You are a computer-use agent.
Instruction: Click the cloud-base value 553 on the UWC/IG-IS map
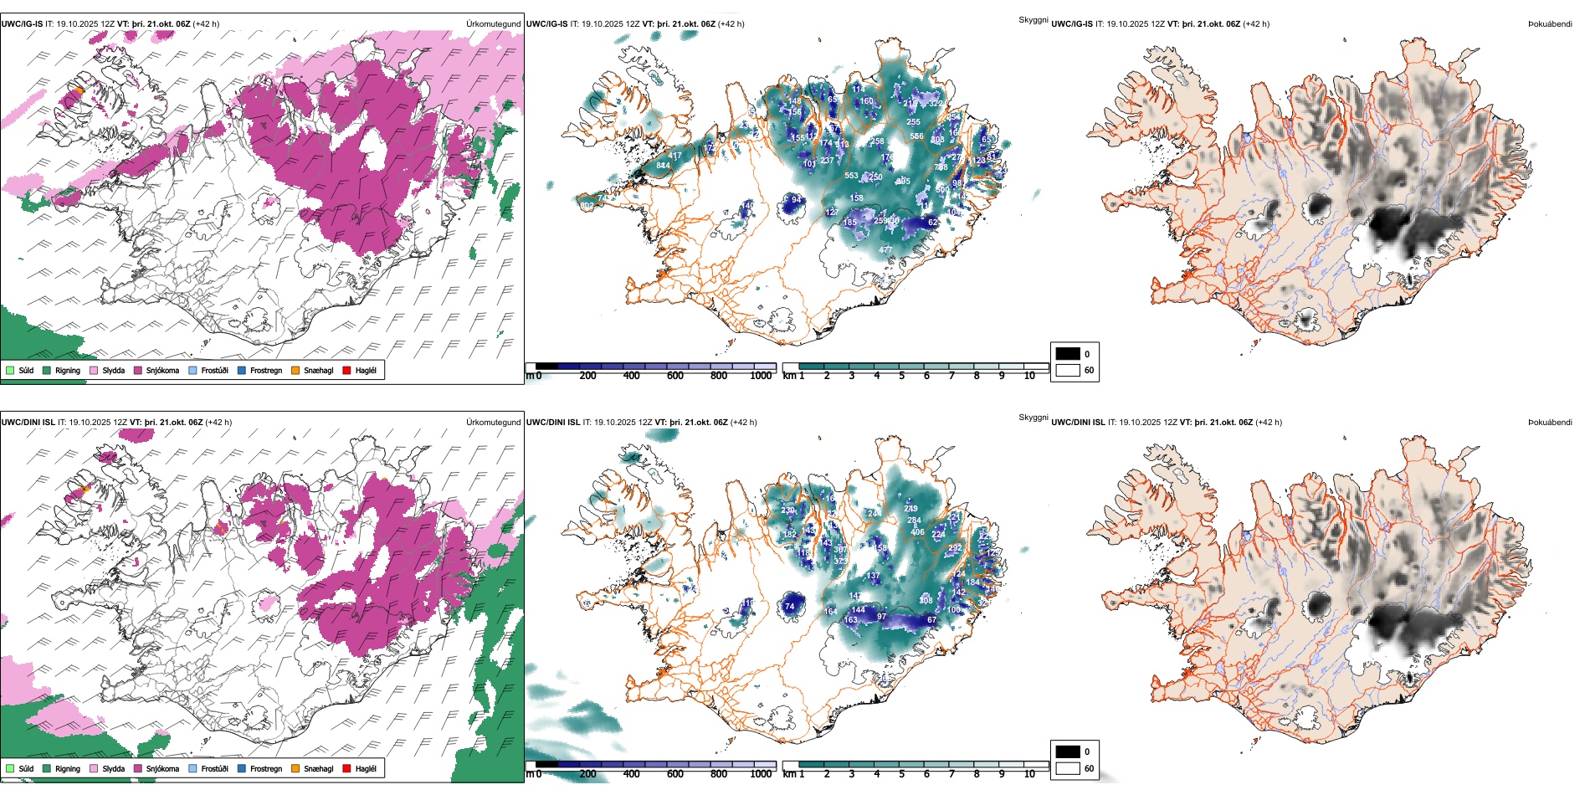[x=851, y=176]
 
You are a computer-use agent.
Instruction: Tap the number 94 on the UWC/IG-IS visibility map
[x=797, y=200]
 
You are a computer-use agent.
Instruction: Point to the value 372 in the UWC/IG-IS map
[x=936, y=104]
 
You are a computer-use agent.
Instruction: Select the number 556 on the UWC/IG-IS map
[x=916, y=136]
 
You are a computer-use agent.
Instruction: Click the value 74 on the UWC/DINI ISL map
[x=789, y=607]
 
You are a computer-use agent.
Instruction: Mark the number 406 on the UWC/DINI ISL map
[x=917, y=532]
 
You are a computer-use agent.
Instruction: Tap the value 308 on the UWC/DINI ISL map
[x=926, y=600]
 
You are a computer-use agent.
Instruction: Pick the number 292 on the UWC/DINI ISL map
[x=955, y=549]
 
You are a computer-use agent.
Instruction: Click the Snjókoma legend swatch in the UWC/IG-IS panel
[x=138, y=370]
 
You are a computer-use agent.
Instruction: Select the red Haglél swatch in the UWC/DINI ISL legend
[x=346, y=768]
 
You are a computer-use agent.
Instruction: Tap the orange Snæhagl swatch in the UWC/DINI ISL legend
[x=295, y=768]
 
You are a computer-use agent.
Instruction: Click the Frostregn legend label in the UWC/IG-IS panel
[x=265, y=371]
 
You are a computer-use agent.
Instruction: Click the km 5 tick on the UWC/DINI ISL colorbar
[x=901, y=774]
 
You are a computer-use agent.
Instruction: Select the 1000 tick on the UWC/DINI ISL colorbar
[x=761, y=774]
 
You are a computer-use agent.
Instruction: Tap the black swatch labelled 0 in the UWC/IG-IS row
[x=1068, y=353]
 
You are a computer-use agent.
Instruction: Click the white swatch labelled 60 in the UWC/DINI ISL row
[x=1068, y=767]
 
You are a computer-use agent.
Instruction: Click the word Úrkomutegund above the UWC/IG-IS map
[x=493, y=24]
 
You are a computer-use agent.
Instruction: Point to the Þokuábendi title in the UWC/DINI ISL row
[x=1550, y=423]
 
